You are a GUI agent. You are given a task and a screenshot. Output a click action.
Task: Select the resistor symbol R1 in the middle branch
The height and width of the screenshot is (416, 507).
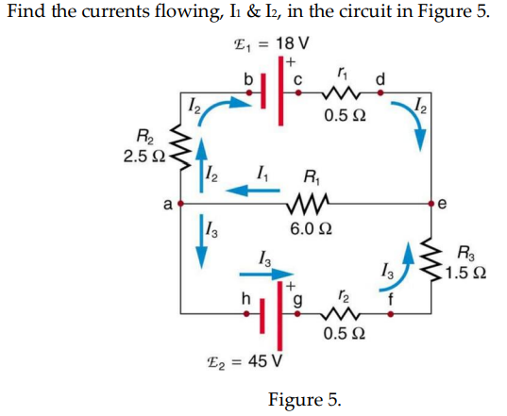click(309, 202)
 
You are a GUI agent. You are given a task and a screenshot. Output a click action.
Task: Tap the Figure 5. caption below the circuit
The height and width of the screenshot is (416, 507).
click(304, 399)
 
